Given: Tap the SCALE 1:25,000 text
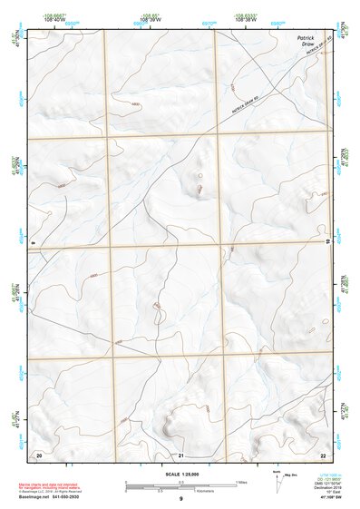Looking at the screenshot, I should (181, 473).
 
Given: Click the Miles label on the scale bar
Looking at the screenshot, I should (239, 481).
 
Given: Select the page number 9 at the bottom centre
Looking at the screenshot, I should (181, 499).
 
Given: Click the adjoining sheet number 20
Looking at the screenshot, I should (38, 453).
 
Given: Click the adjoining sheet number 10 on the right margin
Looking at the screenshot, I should (327, 242).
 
